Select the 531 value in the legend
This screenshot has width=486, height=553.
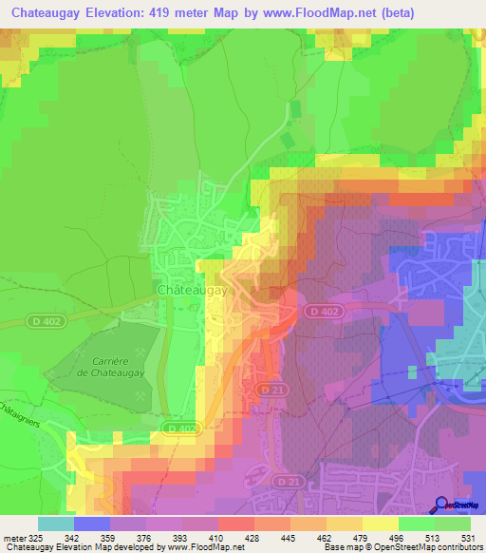468,538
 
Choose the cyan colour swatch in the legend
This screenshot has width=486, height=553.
56,524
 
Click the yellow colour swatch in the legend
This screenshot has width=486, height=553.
380,524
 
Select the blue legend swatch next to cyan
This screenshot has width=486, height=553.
92,524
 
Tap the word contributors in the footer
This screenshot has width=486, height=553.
459,548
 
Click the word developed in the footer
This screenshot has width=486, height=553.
137,548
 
